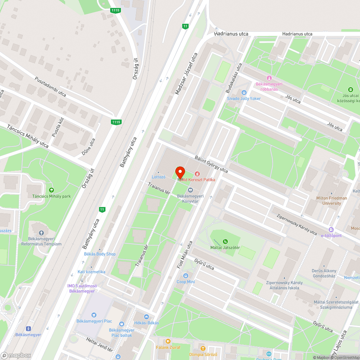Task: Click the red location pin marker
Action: click(180, 172)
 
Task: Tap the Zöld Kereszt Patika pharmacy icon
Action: click(197, 174)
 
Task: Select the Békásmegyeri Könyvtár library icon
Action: click(190, 190)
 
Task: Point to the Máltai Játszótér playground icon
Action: click(225, 241)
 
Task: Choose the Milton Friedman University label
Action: click(332, 201)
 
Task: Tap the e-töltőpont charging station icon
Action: click(331, 230)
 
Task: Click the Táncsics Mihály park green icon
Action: click(51, 190)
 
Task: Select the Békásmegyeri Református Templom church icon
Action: click(41, 233)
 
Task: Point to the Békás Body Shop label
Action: click(100, 254)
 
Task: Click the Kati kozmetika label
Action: click(91, 272)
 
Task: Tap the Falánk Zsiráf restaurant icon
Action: click(168, 341)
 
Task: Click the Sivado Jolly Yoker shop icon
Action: click(244, 93)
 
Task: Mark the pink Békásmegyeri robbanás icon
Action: click(269, 78)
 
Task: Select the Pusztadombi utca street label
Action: click(50, 87)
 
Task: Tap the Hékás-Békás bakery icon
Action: click(146, 317)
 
